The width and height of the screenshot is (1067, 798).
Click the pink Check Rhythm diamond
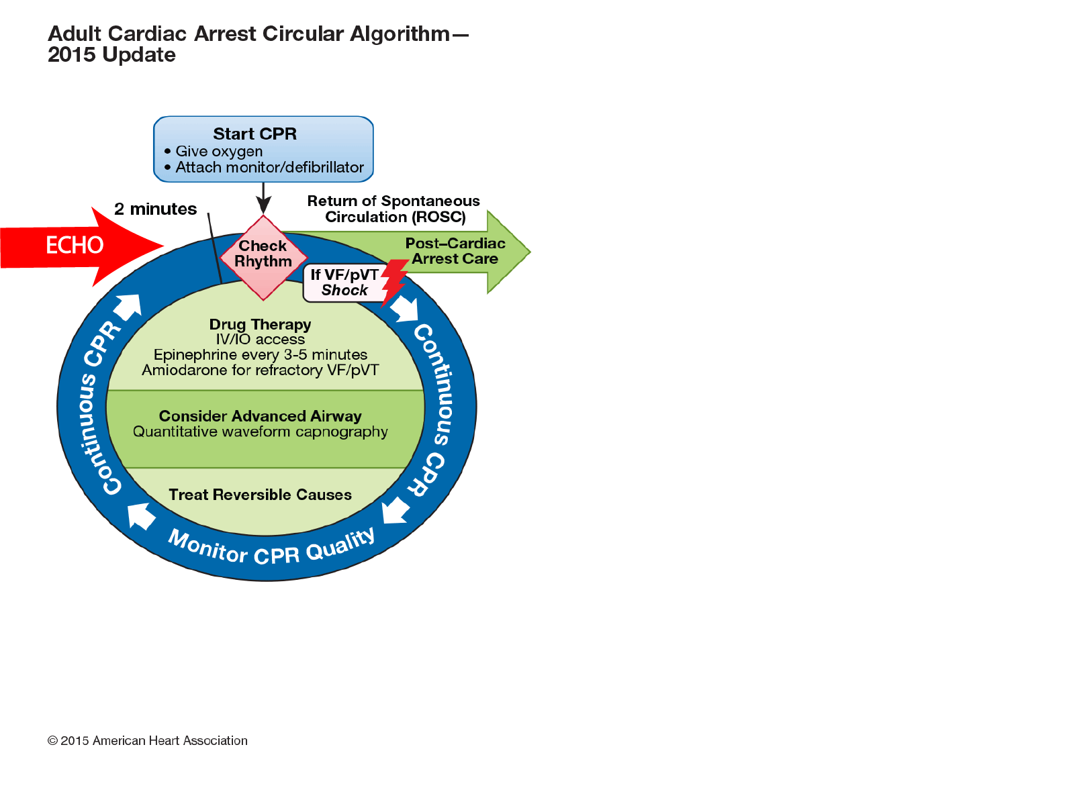pos(263,256)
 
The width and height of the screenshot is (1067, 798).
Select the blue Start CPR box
pos(263,149)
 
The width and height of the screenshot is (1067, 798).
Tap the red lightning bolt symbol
pos(394,280)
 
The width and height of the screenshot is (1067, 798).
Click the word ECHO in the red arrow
pos(75,246)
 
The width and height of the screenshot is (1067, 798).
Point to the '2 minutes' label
pos(155,209)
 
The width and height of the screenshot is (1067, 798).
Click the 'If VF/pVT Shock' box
pos(343,283)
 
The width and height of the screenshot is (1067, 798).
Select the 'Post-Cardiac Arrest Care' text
pos(455,252)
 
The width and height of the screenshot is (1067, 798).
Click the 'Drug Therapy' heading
pos(260,325)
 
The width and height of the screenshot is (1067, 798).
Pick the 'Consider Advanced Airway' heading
pos(260,416)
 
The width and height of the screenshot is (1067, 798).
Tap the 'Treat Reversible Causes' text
pos(260,495)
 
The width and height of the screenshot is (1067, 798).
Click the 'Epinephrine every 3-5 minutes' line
pos(260,355)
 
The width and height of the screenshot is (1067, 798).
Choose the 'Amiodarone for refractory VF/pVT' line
pos(260,370)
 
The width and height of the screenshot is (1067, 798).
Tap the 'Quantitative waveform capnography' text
pos(260,432)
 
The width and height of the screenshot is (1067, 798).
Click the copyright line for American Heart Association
pos(148,741)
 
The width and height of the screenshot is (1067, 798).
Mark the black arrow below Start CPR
pos(263,199)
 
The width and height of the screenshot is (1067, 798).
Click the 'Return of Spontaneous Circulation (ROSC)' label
pos(394,209)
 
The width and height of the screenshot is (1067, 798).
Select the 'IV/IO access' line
pos(260,340)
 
